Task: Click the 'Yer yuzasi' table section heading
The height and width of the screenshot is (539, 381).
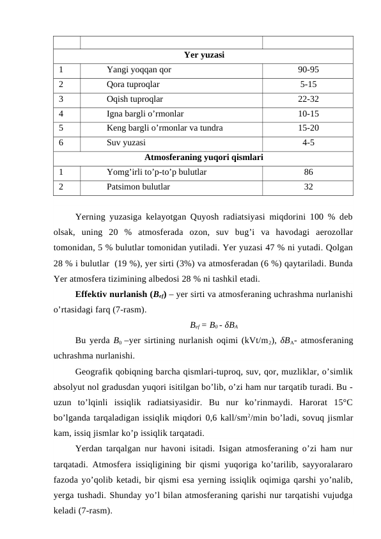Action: pos(203,55)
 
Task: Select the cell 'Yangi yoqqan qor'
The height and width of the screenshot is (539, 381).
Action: pos(139,69)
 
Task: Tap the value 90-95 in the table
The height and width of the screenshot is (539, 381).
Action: pos(308,69)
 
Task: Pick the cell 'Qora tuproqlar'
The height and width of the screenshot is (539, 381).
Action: pos(134,83)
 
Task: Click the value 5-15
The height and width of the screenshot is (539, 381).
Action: pos(308,83)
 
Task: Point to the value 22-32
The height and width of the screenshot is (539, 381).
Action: pos(308,99)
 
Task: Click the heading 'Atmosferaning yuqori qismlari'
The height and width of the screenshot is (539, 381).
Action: pos(203,157)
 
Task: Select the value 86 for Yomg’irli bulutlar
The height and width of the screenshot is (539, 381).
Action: pos(308,172)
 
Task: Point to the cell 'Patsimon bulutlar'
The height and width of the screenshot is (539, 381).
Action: pos(138,187)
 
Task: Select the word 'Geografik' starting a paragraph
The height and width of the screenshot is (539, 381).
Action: pos(93,371)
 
